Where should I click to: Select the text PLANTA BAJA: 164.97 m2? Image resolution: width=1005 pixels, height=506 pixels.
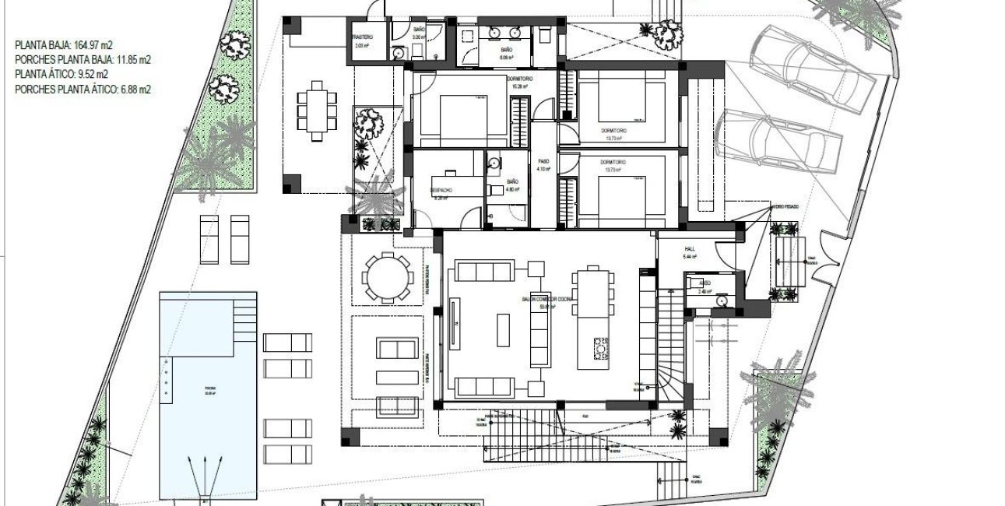66,45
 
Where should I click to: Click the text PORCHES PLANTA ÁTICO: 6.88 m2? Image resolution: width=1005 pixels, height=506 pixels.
83,90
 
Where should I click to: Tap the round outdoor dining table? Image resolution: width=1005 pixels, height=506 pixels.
387,276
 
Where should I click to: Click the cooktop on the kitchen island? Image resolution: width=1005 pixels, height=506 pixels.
599,349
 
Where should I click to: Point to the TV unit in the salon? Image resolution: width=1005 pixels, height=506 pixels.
453,323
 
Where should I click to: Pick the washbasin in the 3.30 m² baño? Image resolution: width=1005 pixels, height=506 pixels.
399,53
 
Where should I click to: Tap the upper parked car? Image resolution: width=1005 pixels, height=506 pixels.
810,69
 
